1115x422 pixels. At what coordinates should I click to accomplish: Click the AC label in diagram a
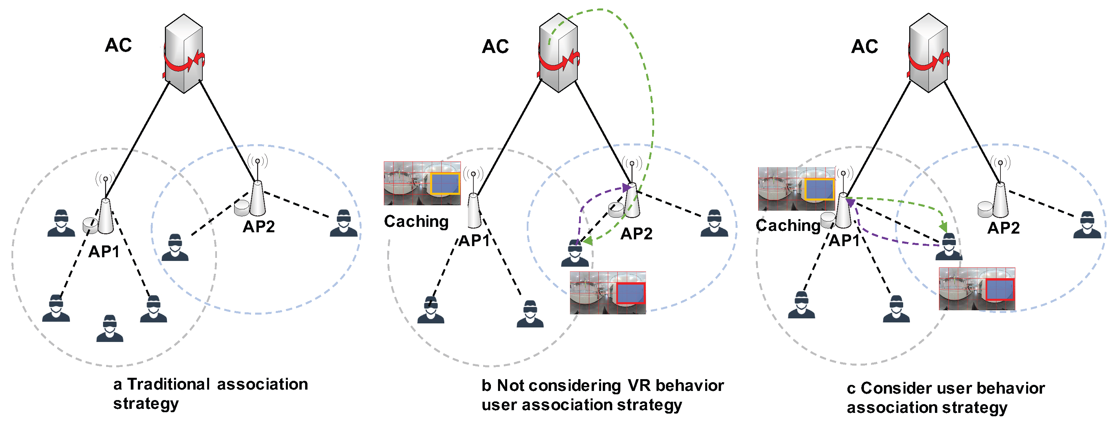coord(118,45)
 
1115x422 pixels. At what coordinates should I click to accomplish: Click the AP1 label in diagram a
coord(104,252)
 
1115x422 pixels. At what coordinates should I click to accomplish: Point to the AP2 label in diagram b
coord(636,234)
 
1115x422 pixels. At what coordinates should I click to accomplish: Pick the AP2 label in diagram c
coord(1003,228)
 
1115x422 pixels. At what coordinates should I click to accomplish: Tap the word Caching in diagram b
coord(416,221)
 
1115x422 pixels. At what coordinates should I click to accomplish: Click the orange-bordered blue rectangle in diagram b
coord(445,183)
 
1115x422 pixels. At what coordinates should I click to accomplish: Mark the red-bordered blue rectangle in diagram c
coord(1000,289)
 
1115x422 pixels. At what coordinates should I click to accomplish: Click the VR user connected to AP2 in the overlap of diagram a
coord(175,248)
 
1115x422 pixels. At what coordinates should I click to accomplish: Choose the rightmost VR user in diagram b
coord(714,223)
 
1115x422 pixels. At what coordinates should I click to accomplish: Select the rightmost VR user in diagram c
coord(1087,225)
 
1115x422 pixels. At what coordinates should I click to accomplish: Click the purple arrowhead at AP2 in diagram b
coord(626,188)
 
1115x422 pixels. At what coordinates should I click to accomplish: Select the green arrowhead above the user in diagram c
coord(944,228)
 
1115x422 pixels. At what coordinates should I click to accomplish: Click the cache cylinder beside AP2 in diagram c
coord(985,209)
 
